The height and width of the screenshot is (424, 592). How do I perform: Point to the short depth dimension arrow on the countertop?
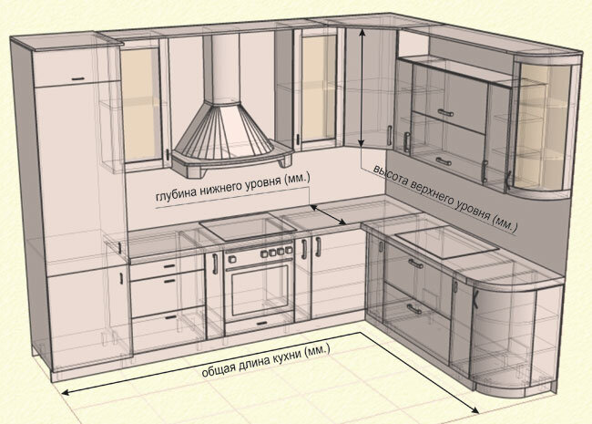(x=325, y=215)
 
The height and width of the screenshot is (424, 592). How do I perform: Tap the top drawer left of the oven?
(x=156, y=264)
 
